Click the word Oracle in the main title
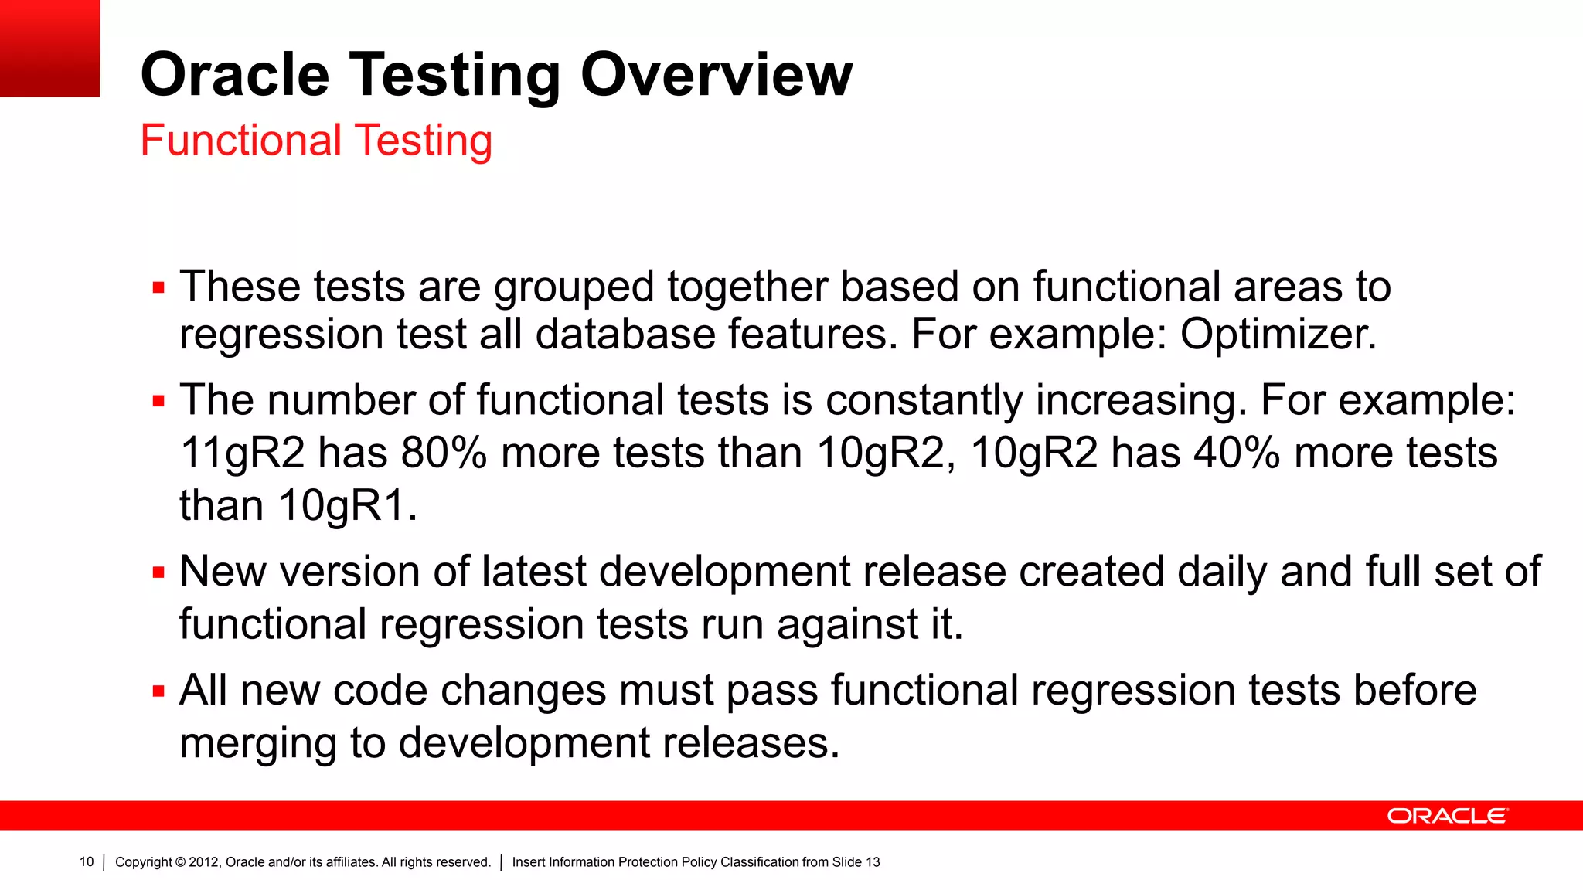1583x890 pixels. click(x=235, y=75)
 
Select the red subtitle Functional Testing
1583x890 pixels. click(x=316, y=141)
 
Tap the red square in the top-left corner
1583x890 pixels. click(x=49, y=48)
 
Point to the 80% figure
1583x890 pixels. click(x=444, y=453)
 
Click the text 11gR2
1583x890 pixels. click(x=242, y=453)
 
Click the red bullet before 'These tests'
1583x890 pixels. click(x=158, y=288)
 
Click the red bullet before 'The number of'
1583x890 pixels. click(x=158, y=402)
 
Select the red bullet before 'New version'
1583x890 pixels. click(x=158, y=573)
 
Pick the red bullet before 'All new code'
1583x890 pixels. click(x=158, y=691)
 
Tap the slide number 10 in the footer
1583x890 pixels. click(x=87, y=862)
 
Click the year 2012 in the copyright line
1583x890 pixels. click(x=203, y=862)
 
